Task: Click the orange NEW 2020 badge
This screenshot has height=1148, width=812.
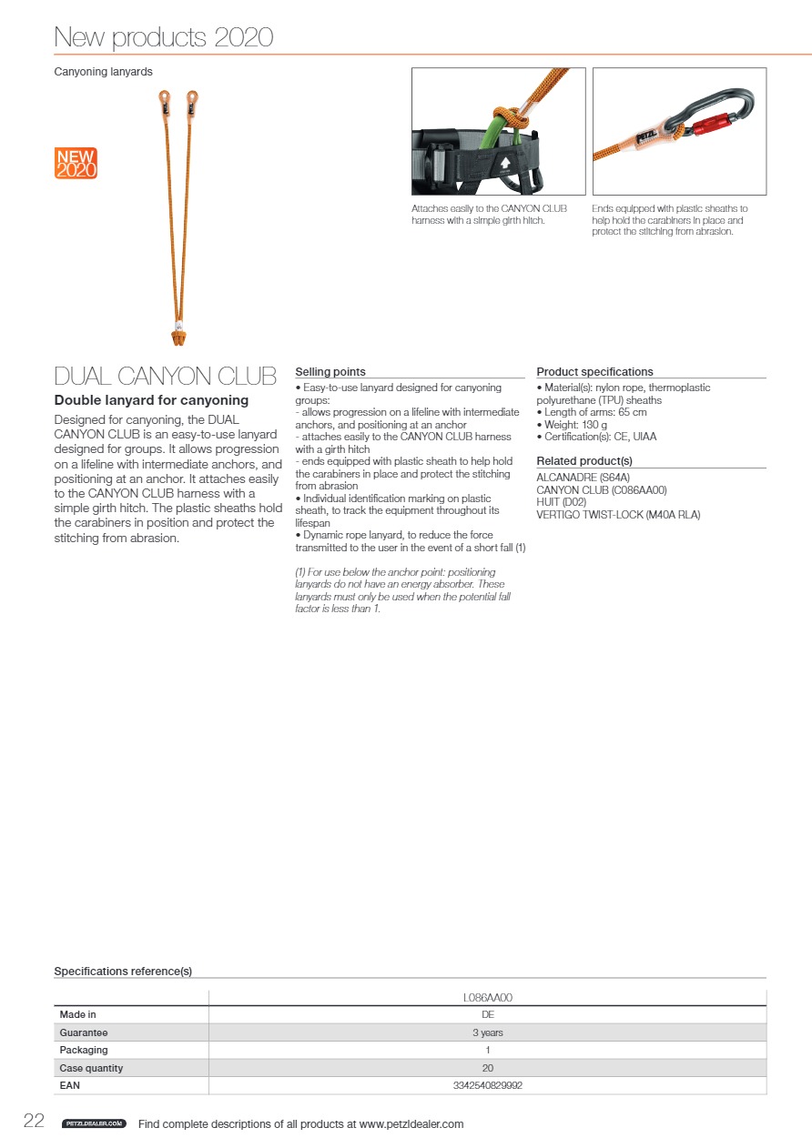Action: coord(76,163)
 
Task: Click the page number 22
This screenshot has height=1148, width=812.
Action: coord(34,1122)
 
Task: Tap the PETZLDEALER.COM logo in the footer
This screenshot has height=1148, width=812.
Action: coord(94,1124)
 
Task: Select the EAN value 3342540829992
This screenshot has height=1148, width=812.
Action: coord(487,1085)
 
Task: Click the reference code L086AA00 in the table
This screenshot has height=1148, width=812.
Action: coord(487,997)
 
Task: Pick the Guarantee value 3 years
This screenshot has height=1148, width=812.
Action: coord(487,1032)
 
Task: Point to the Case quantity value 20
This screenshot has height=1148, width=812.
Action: coord(487,1068)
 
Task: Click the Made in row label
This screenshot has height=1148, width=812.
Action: coord(78,1014)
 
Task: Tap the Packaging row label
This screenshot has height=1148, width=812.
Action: coord(84,1050)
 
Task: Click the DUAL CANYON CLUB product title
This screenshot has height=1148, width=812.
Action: coord(165,377)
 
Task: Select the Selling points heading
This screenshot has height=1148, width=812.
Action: coord(330,372)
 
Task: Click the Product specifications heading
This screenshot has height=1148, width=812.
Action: coord(594,372)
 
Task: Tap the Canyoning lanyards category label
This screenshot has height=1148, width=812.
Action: coord(103,71)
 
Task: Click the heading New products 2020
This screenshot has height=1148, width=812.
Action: coord(164,37)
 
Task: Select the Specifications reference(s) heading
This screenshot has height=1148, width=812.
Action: coord(123,972)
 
